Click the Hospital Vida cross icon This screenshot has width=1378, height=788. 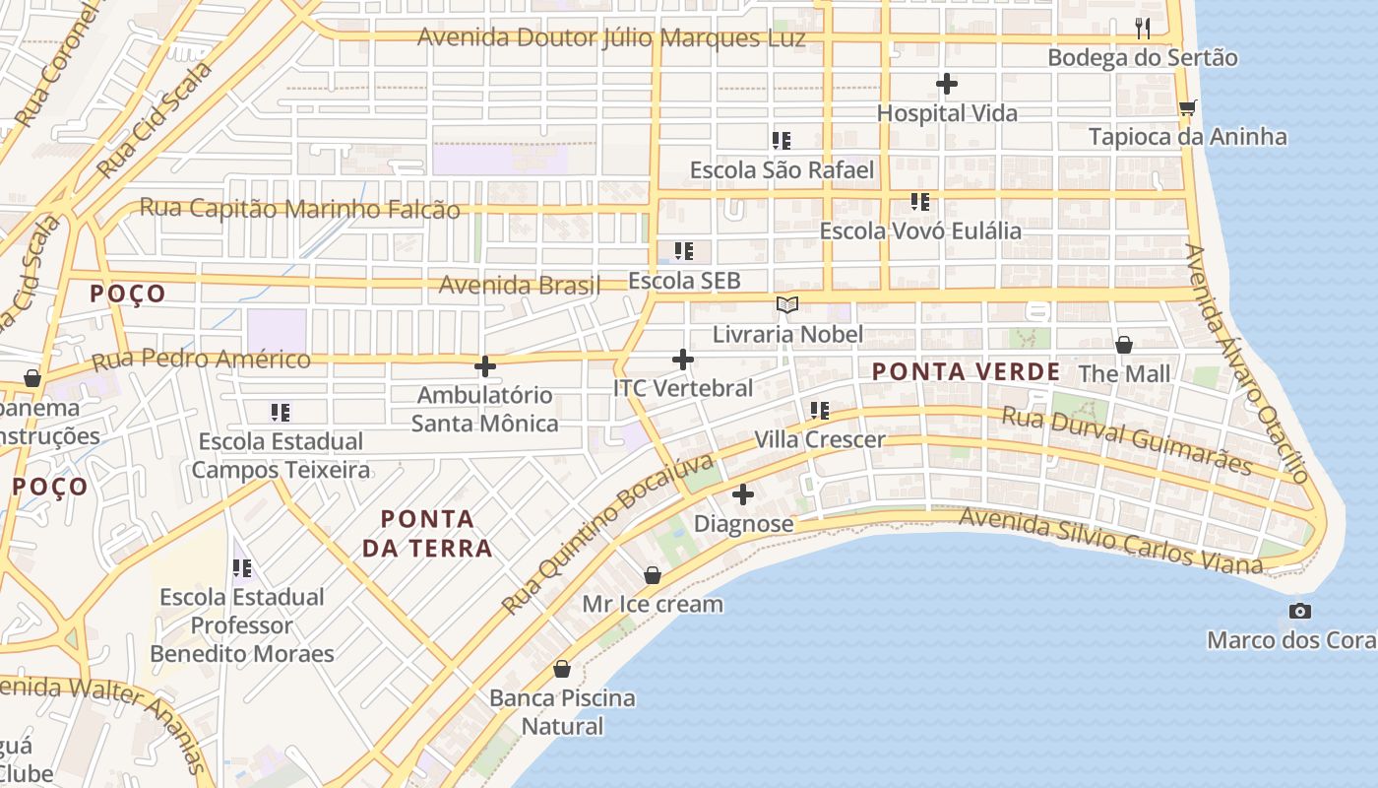tap(947, 84)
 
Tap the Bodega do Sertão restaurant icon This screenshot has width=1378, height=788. tap(1143, 28)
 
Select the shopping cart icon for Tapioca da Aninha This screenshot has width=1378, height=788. tap(1188, 106)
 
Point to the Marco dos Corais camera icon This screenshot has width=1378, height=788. tap(1300, 611)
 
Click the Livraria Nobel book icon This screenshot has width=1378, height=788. tap(786, 304)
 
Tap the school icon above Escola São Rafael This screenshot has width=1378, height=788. tap(782, 141)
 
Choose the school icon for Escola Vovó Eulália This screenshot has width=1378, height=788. tap(920, 202)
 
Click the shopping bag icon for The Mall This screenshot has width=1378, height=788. tap(1124, 345)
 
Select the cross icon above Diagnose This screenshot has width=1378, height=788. tap(743, 493)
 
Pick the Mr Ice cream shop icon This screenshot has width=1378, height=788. tap(653, 574)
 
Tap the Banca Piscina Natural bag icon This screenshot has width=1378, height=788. tap(562, 669)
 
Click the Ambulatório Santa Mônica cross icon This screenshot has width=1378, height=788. tap(485, 366)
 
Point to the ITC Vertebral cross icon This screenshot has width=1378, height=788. tap(683, 360)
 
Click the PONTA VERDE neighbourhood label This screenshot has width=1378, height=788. tap(967, 372)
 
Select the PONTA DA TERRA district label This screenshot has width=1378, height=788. tap(427, 533)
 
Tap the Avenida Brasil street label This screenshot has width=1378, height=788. tap(520, 286)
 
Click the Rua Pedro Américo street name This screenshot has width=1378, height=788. tap(202, 360)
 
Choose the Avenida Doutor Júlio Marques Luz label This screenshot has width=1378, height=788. tap(611, 38)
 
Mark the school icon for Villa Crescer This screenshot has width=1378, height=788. tap(820, 411)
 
